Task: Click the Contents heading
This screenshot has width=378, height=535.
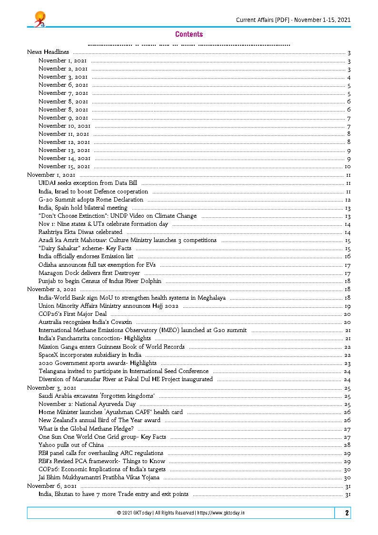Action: [x=189, y=34]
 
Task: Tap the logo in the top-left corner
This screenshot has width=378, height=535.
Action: [x=39, y=19]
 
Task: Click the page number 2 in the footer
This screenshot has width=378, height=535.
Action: [x=347, y=513]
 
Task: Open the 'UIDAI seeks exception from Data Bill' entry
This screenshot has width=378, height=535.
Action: [x=88, y=183]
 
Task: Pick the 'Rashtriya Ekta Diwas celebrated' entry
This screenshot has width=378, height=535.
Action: [x=80, y=232]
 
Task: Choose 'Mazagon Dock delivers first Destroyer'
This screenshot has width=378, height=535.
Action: [x=90, y=273]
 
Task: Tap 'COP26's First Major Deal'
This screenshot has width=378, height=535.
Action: [x=72, y=314]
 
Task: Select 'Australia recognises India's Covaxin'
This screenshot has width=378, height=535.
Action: [x=85, y=322]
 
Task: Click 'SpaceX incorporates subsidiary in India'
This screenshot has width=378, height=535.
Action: [x=90, y=355]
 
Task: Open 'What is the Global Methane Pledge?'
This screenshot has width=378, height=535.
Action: [x=86, y=428]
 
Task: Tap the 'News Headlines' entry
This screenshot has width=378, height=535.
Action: [x=48, y=52]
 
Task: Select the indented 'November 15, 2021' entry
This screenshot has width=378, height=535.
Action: [x=64, y=166]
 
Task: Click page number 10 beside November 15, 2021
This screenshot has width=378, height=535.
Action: [x=348, y=166]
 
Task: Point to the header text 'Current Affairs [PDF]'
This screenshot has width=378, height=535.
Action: [x=263, y=20]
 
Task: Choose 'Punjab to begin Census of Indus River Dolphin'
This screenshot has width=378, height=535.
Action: [x=100, y=281]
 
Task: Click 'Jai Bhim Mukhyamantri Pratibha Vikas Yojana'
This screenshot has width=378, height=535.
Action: [x=99, y=477]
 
